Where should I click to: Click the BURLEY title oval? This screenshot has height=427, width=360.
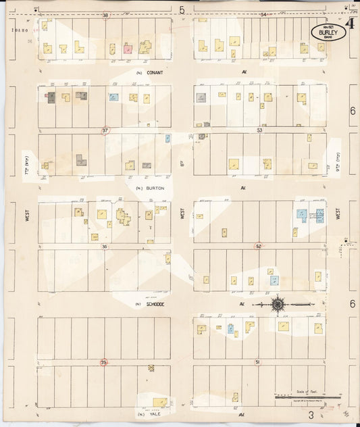click(x=328, y=32)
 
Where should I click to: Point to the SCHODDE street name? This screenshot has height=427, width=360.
click(x=156, y=305)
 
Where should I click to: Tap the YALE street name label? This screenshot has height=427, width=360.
click(x=151, y=413)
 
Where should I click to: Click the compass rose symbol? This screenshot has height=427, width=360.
click(x=278, y=305)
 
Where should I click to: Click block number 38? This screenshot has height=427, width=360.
click(x=105, y=15)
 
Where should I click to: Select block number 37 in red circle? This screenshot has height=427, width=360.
click(x=105, y=130)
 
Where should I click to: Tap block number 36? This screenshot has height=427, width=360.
click(x=105, y=247)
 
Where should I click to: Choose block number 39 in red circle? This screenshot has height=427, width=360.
click(x=103, y=363)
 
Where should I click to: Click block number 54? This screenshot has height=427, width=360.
click(x=263, y=14)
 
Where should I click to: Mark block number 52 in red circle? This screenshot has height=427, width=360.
click(x=259, y=247)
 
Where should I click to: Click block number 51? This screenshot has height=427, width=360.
click(x=257, y=363)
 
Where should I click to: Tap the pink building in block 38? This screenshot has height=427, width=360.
click(x=127, y=49)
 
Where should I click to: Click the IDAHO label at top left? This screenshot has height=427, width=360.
click(x=21, y=30)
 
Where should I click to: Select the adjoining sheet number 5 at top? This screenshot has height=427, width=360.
click(x=182, y=9)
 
